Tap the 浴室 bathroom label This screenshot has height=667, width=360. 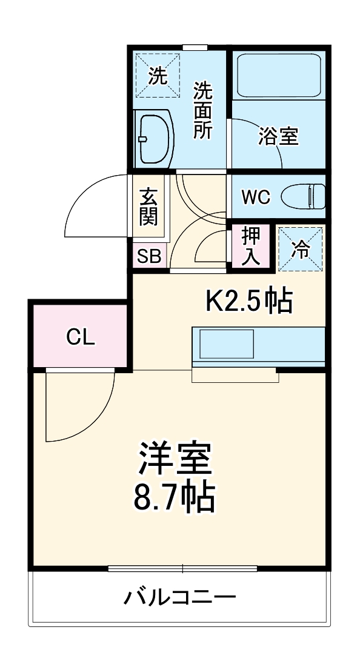(x=278, y=136)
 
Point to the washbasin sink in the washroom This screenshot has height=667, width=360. (x=153, y=139)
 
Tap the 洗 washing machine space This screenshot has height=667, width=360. (x=158, y=76)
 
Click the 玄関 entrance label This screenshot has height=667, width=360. (x=148, y=207)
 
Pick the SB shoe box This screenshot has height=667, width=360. (x=148, y=256)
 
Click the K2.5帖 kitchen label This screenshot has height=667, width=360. (x=249, y=301)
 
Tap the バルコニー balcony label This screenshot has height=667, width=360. (x=180, y=598)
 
